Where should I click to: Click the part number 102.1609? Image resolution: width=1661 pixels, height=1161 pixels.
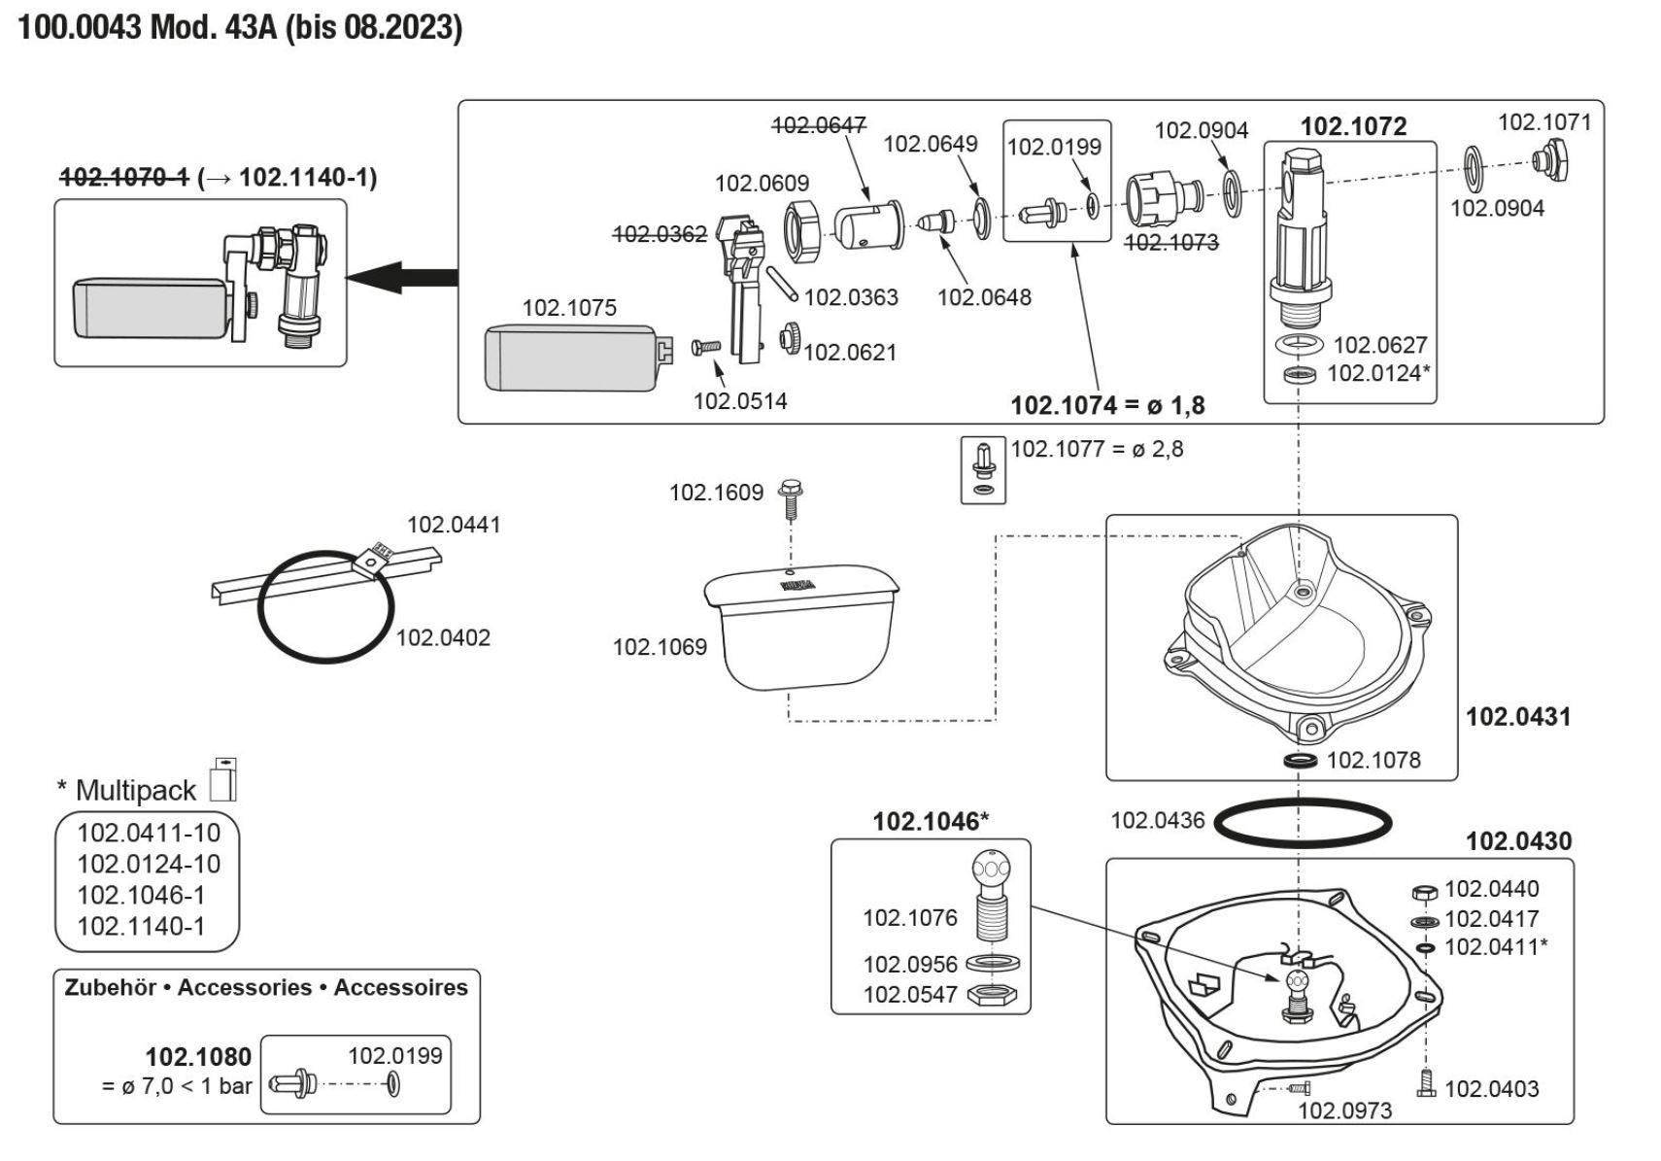point(716,493)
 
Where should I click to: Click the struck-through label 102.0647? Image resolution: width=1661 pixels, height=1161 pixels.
point(818,125)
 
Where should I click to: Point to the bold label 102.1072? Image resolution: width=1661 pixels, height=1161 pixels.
point(1353,126)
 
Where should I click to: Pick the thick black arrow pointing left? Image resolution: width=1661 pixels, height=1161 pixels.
point(401,277)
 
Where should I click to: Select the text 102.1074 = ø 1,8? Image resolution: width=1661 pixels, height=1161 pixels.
point(1107,405)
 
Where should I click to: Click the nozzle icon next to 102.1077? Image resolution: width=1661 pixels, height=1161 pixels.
point(983,469)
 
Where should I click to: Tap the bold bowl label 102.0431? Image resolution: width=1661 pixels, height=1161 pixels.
point(1517,717)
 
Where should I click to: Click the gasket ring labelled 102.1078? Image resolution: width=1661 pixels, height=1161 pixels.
point(1301,760)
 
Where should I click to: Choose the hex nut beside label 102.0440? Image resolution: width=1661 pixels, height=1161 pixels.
point(1423,891)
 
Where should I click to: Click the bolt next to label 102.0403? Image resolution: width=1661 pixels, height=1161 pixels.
point(1426,1082)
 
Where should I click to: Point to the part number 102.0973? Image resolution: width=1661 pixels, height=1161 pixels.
point(1344,1110)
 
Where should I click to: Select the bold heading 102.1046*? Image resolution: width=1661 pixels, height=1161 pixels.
point(930,822)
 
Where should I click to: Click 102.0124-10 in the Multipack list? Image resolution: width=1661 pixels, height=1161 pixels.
point(149,864)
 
